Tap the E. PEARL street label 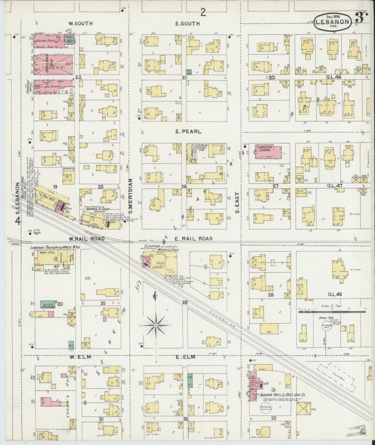[185, 132]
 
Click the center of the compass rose [155, 325]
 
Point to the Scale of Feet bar [332, 312]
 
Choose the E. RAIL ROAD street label [190, 239]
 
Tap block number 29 [185, 302]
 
